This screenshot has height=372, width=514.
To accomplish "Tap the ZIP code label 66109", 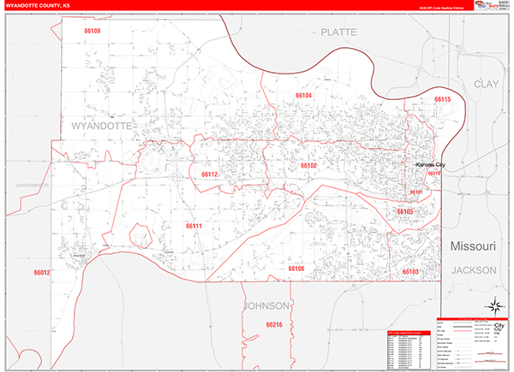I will tap(92, 32).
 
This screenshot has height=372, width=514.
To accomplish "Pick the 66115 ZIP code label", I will tap(442, 100).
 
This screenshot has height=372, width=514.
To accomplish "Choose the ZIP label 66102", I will tap(308, 165).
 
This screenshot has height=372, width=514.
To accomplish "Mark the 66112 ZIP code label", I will tap(210, 174).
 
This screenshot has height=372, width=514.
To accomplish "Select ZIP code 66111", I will tap(194, 226).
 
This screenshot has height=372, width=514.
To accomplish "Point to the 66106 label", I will tap(296, 269).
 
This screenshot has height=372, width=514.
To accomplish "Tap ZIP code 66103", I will tap(409, 271).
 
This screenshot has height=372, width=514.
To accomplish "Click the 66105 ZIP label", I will tap(404, 211).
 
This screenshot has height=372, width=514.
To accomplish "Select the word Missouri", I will tap(473, 246).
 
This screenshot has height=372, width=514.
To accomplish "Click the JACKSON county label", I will tap(474, 269).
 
